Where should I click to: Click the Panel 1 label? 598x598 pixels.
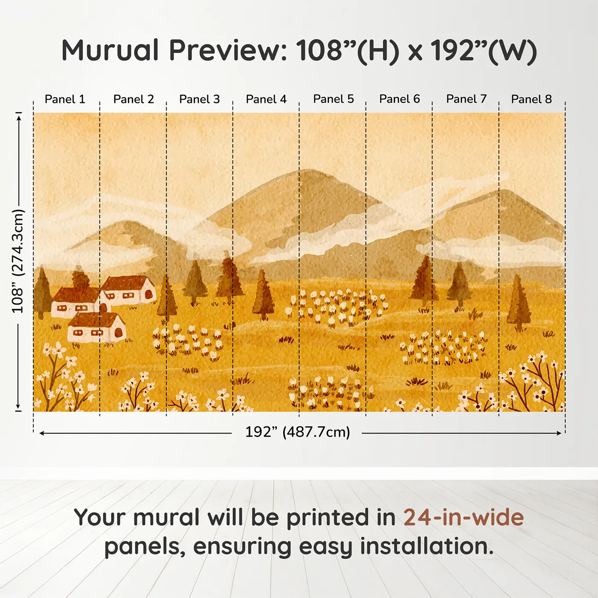pyautogui.click(x=65, y=99)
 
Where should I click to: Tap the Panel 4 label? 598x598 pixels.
pyautogui.click(x=266, y=99)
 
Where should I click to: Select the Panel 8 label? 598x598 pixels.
pyautogui.click(x=531, y=99)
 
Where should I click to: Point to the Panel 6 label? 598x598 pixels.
pyautogui.click(x=399, y=99)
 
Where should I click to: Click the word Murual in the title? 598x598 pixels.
pyautogui.click(x=110, y=50)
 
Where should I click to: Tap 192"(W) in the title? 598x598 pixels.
pyautogui.click(x=483, y=51)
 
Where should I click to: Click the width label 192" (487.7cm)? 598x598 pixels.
pyautogui.click(x=297, y=432)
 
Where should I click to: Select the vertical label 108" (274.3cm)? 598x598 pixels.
pyautogui.click(x=18, y=261)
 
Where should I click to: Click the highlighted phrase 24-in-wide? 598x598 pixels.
pyautogui.click(x=463, y=518)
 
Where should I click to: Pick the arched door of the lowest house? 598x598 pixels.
pyautogui.click(x=119, y=332)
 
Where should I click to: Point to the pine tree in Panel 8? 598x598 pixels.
pyautogui.click(x=519, y=303)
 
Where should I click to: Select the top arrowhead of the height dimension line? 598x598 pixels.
pyautogui.click(x=18, y=115)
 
